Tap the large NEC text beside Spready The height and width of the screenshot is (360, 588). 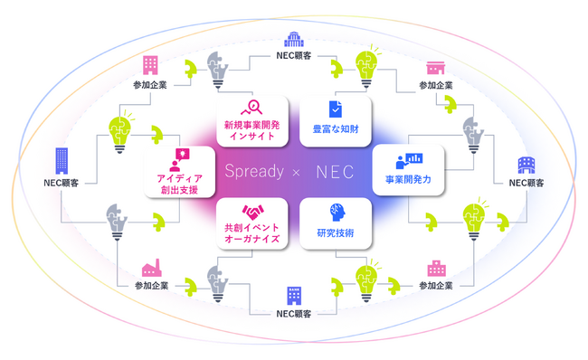coord(334,171)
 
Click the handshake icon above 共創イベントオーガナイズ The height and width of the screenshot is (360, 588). coord(251,212)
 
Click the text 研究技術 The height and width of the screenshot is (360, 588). coord(335,233)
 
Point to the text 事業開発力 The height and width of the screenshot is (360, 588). coord(409,180)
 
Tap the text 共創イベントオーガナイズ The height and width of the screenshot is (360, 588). coord(251,233)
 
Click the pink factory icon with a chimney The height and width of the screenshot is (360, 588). coord(151,268)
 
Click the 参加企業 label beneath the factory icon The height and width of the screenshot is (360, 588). coord(151,286)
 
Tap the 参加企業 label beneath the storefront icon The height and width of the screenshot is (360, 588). coord(435,86)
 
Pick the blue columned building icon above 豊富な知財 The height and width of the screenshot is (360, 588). coord(293,40)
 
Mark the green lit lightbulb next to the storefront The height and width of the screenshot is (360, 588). coord(367,65)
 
